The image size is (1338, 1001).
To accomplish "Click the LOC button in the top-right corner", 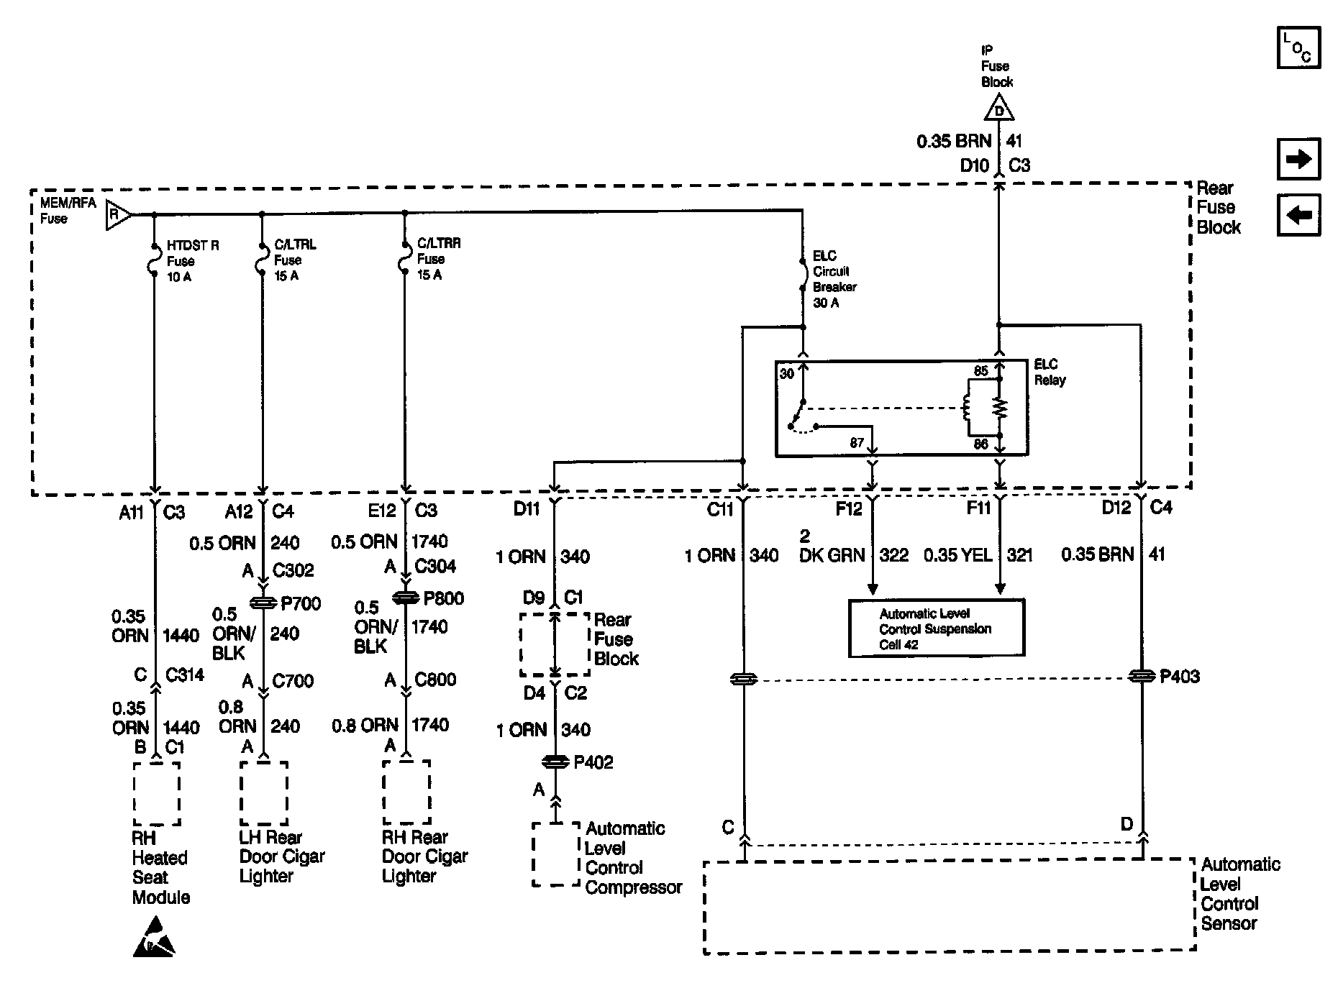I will [x=1298, y=47].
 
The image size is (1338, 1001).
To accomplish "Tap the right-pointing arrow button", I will [x=1298, y=158].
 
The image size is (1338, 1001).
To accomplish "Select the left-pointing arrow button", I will [x=1298, y=215].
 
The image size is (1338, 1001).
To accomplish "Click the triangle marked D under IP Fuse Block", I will [x=998, y=110].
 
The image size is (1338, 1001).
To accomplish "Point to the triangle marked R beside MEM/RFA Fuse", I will [x=117, y=214].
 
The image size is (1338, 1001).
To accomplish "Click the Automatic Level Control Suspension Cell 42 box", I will [x=936, y=629].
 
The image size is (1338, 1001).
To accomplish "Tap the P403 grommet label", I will [x=1179, y=677].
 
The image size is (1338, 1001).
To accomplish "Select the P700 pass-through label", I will [x=301, y=603].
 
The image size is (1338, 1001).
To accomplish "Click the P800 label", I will [x=444, y=598].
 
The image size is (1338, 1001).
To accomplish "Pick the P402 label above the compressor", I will [x=593, y=762].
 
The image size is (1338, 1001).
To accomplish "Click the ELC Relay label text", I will [x=1050, y=372].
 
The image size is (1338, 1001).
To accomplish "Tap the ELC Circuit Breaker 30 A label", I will [x=834, y=279].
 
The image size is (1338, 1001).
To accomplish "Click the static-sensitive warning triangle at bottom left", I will [x=153, y=937].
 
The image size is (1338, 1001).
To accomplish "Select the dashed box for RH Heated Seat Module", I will [x=156, y=794].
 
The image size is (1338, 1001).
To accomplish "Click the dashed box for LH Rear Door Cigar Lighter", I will [x=263, y=794].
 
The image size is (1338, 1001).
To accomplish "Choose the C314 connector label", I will [x=184, y=675].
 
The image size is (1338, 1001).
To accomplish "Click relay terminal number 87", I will [x=856, y=443].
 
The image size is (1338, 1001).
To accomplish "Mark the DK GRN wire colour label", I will [x=832, y=555].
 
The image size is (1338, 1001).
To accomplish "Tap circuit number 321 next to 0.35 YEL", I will [x=1019, y=554].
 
